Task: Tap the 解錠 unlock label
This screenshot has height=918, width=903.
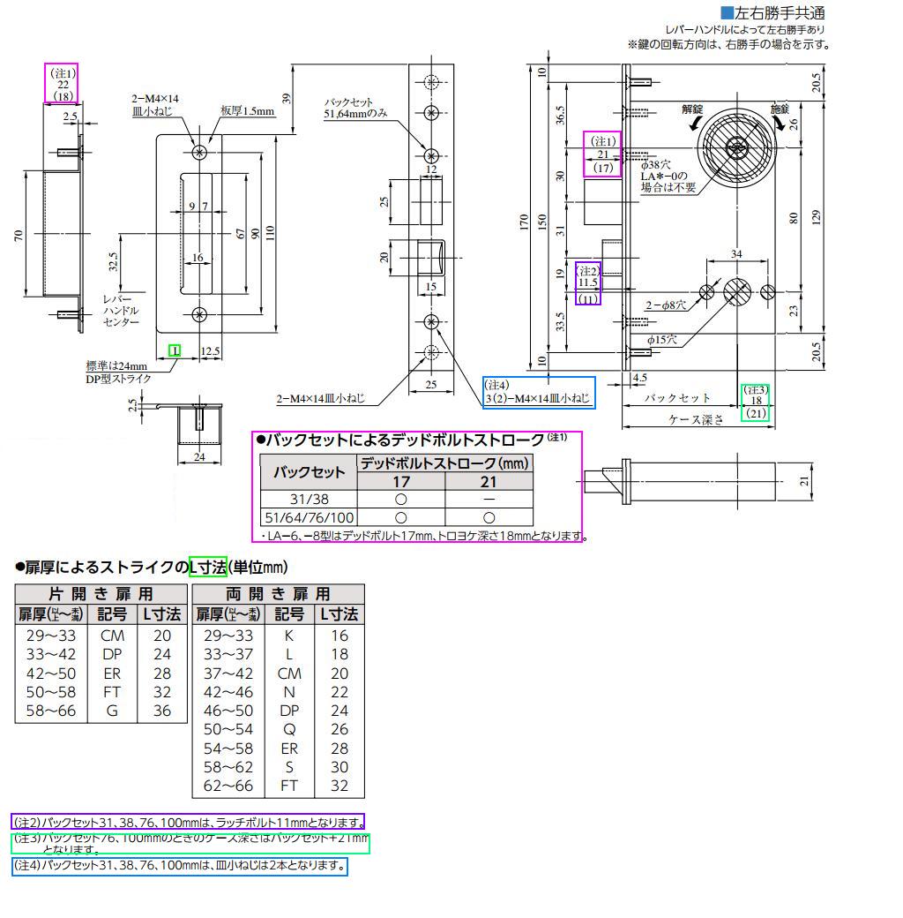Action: click(692, 109)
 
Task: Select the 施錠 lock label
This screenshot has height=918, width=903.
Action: click(780, 109)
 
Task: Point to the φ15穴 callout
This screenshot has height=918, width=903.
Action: click(662, 339)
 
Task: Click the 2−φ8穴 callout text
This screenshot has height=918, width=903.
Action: click(666, 305)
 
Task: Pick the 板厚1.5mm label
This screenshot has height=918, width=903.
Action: click(248, 111)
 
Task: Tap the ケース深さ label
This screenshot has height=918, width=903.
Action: click(697, 419)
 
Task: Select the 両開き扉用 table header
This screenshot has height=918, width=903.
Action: click(278, 593)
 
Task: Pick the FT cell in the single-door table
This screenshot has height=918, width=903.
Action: click(112, 692)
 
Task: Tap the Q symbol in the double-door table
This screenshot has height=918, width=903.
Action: click(289, 729)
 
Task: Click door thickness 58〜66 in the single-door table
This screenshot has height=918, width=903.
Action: click(51, 711)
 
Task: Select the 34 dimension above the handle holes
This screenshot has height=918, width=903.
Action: click(737, 255)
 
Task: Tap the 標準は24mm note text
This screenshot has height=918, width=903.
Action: click(116, 365)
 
